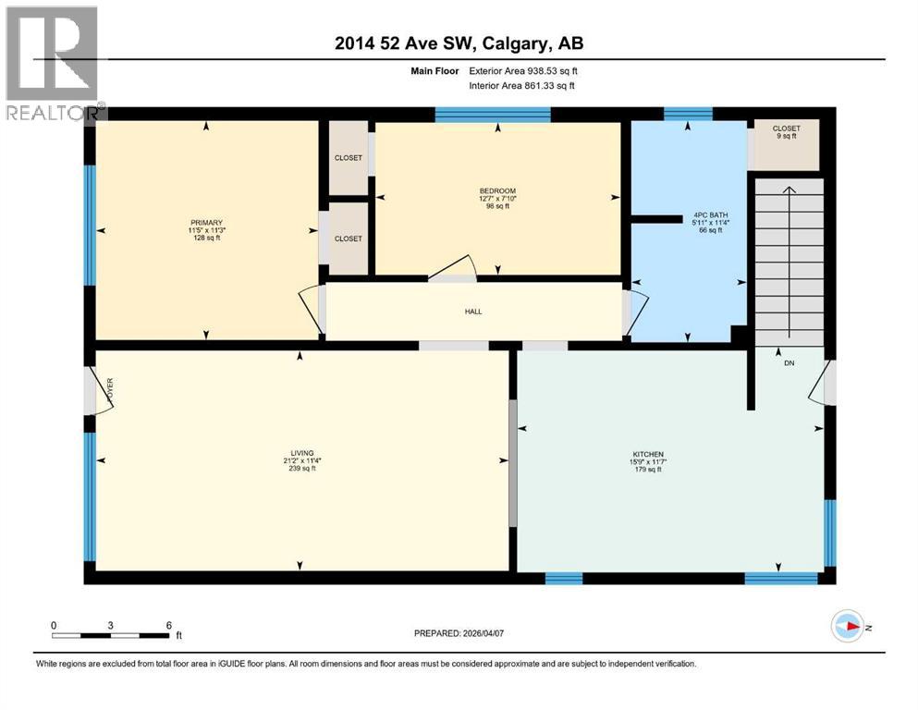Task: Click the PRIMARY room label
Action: pos(205,223)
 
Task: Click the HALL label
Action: pos(473,312)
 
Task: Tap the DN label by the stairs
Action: pos(789,363)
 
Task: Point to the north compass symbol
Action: pos(848,626)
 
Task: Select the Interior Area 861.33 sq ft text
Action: pos(522,86)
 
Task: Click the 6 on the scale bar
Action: pos(168,626)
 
